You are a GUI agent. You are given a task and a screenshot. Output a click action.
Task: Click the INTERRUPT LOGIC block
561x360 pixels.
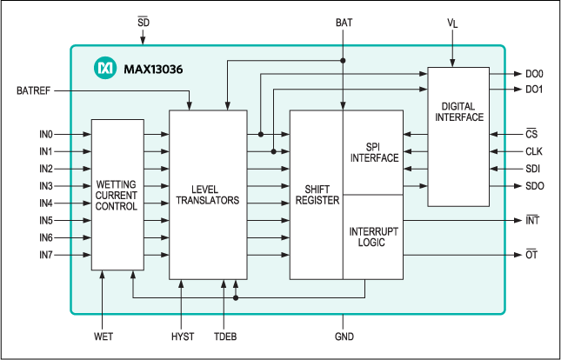[373, 237]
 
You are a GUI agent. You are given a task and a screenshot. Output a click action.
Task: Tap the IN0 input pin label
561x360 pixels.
[45, 135]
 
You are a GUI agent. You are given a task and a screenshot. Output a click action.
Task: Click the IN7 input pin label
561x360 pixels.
[45, 255]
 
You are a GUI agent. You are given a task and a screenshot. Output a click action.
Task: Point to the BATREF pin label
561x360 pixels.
[35, 91]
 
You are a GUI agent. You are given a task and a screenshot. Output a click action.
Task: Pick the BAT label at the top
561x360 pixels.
[344, 19]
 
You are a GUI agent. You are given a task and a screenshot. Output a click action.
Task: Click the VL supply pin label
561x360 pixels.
[451, 19]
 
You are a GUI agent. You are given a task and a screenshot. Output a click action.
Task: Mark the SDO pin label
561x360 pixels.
[535, 185]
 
